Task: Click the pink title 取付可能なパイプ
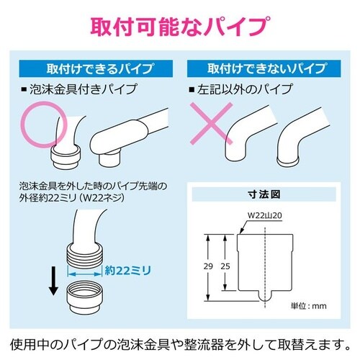tap(180, 26)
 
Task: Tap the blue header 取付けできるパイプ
tap(96, 68)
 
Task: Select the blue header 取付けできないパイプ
tap(264, 68)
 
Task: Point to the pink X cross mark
tap(212, 124)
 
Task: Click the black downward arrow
tap(53, 281)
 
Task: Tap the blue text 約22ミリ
tap(128, 271)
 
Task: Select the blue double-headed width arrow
tap(84, 274)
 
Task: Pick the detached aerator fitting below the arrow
tap(85, 298)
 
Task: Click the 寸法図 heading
tap(264, 194)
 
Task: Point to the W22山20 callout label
tap(264, 215)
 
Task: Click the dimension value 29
tap(208, 266)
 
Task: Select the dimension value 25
tap(225, 266)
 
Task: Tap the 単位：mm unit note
tap(309, 306)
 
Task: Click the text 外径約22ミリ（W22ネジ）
tap(72, 198)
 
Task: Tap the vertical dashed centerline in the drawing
tap(265, 268)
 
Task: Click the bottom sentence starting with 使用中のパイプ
tap(180, 345)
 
